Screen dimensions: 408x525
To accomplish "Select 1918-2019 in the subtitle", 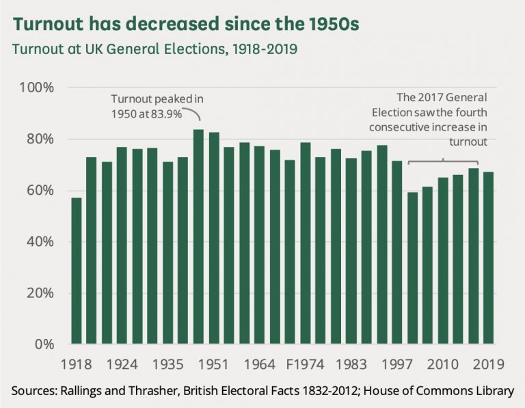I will point(260,51).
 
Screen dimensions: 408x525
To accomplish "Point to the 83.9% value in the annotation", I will point(166,114).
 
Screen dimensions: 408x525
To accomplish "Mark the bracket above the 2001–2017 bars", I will point(443,161).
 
